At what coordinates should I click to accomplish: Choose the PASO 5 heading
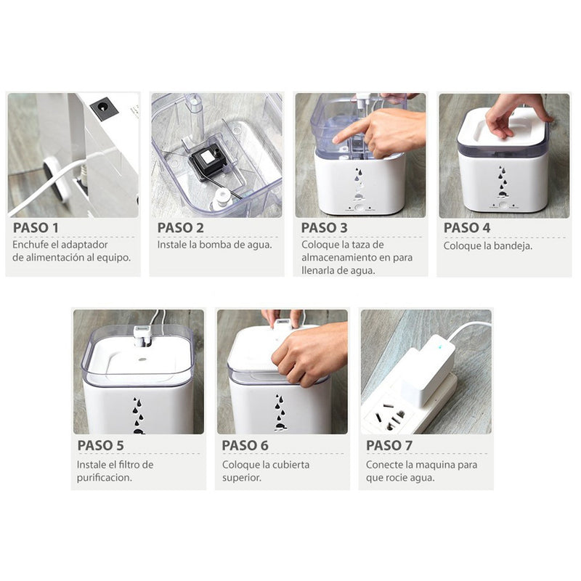(101, 445)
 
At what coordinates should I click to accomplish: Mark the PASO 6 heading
(245, 445)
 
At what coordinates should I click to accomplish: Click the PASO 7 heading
(389, 445)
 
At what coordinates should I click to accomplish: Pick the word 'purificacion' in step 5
(105, 478)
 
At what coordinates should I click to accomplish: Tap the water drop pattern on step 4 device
(502, 182)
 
